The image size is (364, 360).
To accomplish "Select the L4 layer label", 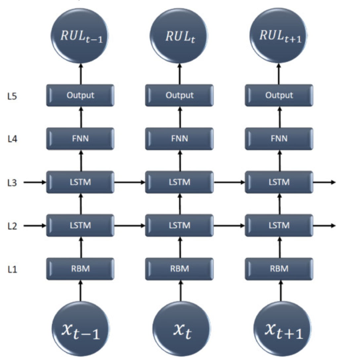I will [12, 138].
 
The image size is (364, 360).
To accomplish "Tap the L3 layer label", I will [12, 182].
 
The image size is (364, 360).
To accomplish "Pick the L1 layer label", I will [12, 269].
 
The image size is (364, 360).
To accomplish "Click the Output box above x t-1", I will [80, 95].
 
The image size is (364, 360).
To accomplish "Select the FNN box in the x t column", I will [180, 138].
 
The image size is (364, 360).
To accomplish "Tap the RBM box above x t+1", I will [279, 269].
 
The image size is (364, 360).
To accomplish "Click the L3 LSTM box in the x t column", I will [180, 182].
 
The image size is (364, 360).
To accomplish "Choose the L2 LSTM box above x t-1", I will [80, 226].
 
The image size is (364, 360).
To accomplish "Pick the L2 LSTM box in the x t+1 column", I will [279, 226].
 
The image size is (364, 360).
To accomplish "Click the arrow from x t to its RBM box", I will [181, 290].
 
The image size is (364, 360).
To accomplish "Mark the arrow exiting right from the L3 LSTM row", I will [324, 182].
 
